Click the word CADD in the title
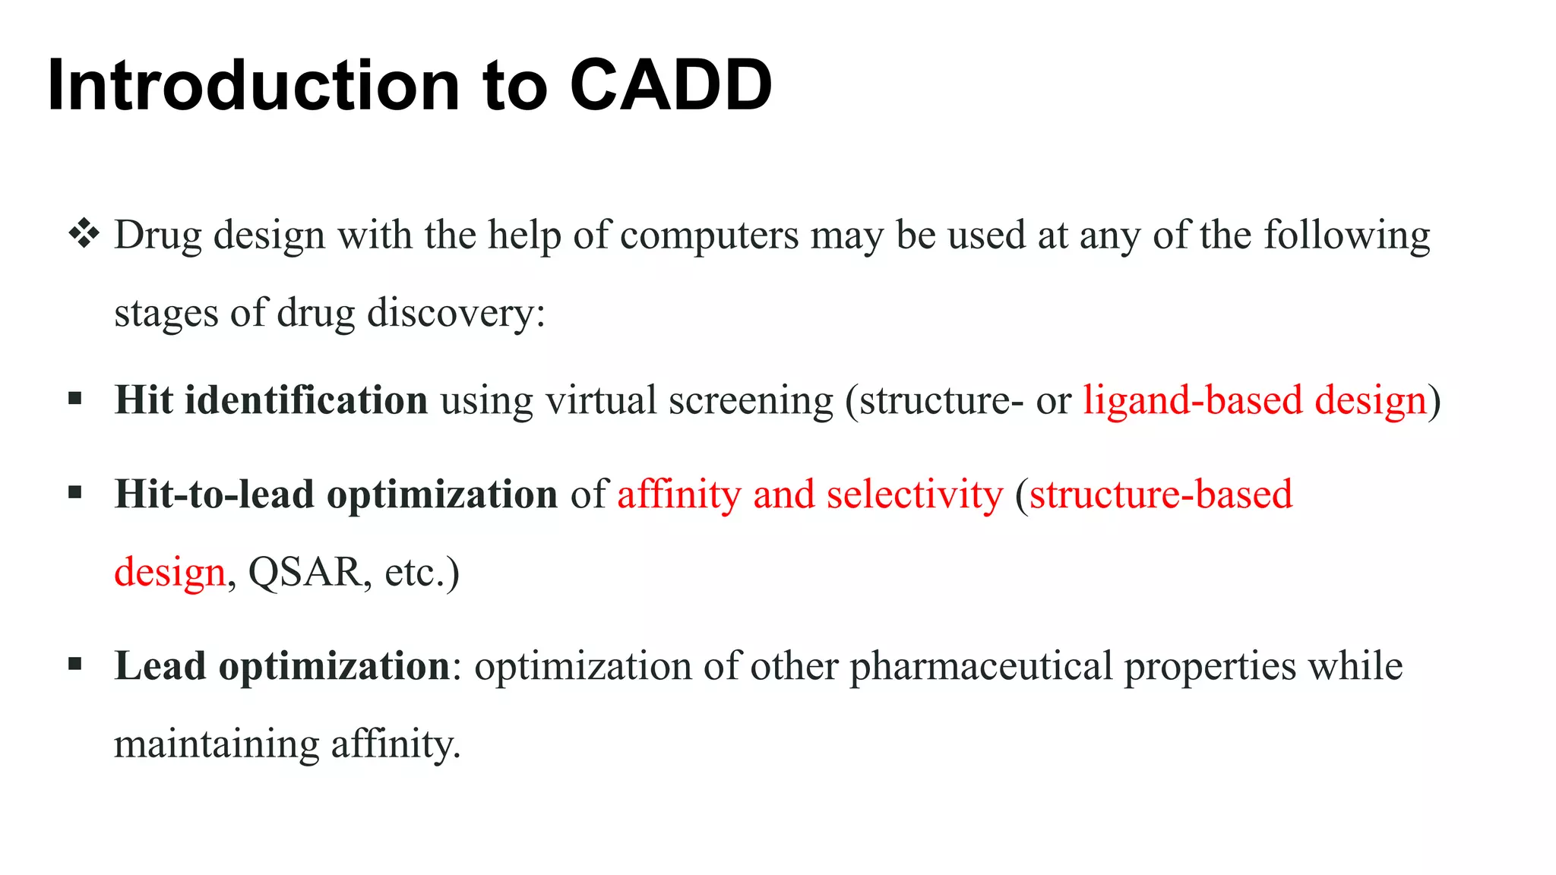coord(670,85)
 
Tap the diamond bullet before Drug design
coord(84,234)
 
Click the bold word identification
coord(306,400)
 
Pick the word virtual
coord(600,400)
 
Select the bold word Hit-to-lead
coord(213,494)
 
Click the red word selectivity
coord(915,495)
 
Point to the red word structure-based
coord(1160,494)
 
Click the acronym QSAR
coord(304,573)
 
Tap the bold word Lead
coord(160,666)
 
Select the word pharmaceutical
coord(980,666)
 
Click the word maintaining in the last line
coord(217,744)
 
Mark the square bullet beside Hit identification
coord(74,399)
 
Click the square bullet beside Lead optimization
coord(74,665)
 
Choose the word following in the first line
coord(1346,235)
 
